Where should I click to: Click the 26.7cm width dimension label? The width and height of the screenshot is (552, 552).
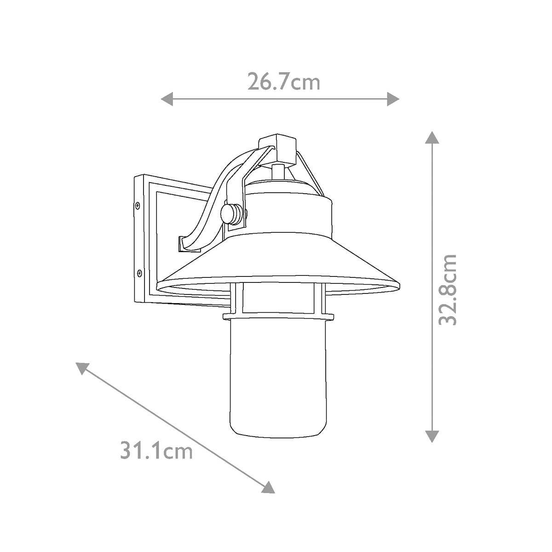pyautogui.click(x=283, y=82)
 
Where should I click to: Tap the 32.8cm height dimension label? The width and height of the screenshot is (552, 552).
pyautogui.click(x=447, y=290)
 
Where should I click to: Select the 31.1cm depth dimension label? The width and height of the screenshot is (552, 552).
pyautogui.click(x=156, y=450)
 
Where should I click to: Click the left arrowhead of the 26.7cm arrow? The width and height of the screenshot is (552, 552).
pyautogui.click(x=167, y=98)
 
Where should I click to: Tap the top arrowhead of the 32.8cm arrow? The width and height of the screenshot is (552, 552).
pyautogui.click(x=431, y=138)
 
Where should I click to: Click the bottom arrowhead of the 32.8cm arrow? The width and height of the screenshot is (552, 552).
pyautogui.click(x=431, y=436)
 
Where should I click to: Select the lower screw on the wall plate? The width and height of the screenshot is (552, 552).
pyautogui.click(x=139, y=273)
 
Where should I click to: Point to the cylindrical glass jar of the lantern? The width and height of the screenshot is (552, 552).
pyautogui.click(x=276, y=373)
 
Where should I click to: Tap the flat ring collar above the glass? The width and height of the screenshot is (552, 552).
pyautogui.click(x=278, y=316)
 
